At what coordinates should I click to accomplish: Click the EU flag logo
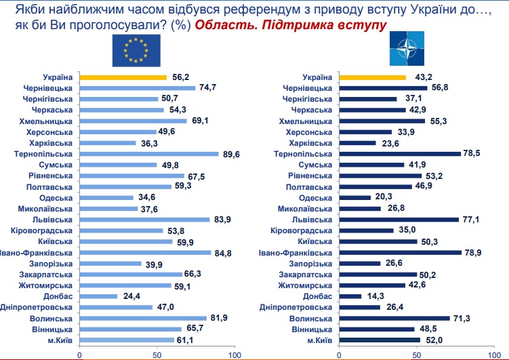(x=136, y=49)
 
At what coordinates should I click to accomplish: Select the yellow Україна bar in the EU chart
(x=123, y=77)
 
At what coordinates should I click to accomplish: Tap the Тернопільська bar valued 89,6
(x=149, y=154)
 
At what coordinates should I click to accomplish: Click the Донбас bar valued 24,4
(x=99, y=296)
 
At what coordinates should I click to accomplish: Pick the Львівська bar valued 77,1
(x=398, y=220)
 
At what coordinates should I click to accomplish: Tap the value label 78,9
(x=473, y=252)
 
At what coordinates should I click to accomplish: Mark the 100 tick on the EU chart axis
(x=235, y=353)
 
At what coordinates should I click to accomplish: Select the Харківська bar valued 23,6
(x=357, y=143)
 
